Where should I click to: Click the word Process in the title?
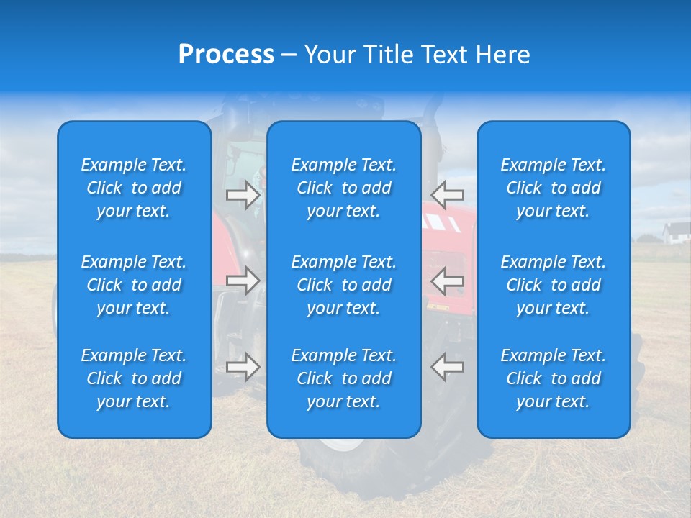coord(226,55)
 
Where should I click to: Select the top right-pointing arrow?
coord(243,195)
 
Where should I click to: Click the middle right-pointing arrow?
coord(243,281)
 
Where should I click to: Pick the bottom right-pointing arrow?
coord(243,367)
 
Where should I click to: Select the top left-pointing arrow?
coord(448,194)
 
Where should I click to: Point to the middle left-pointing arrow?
coord(448,281)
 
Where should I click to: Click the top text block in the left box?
coord(134,188)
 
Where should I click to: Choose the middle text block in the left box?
coord(134,285)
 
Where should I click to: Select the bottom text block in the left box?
coord(134,378)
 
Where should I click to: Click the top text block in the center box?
coord(344,188)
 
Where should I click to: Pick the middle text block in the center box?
coord(344,285)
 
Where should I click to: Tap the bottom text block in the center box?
coord(344,378)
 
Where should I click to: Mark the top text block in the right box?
coord(554,188)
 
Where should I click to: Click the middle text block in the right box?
coord(554,285)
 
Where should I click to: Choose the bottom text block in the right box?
coord(554,378)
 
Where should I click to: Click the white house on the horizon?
coord(677,233)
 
